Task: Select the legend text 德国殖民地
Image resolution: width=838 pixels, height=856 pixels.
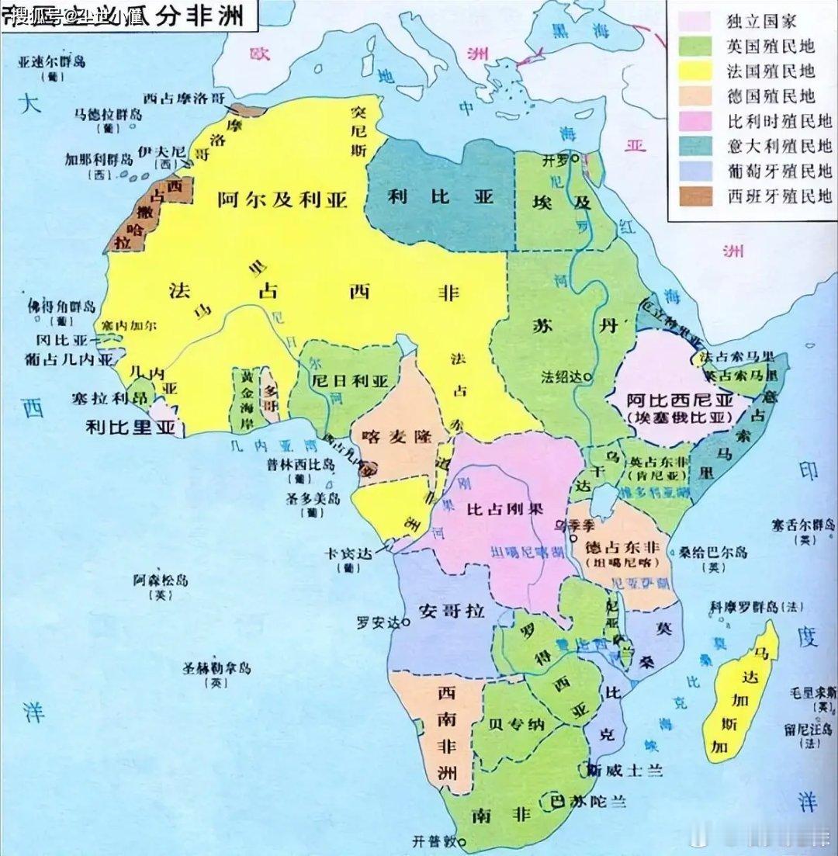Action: coord(770,95)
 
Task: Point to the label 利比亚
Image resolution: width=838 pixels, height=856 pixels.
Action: coord(441,196)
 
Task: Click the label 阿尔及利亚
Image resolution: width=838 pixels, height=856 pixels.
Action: coord(282,199)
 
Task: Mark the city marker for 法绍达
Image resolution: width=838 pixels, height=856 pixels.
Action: coord(587,377)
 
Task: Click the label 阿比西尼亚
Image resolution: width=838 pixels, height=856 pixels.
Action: coord(680,400)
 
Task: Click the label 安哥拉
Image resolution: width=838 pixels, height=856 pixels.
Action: coord(450,611)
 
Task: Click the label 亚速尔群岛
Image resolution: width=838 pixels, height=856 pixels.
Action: coord(52,64)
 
